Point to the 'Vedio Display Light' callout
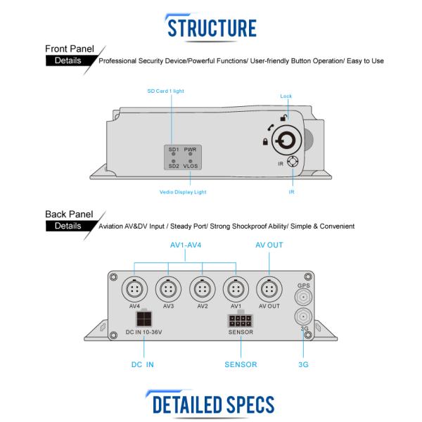coord(183,192)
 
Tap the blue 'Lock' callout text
coord(286,96)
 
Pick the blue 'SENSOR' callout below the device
coord(241,364)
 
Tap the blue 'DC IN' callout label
coord(142,364)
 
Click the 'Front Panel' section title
coord(70,49)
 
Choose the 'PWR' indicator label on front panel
coord(190,149)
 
